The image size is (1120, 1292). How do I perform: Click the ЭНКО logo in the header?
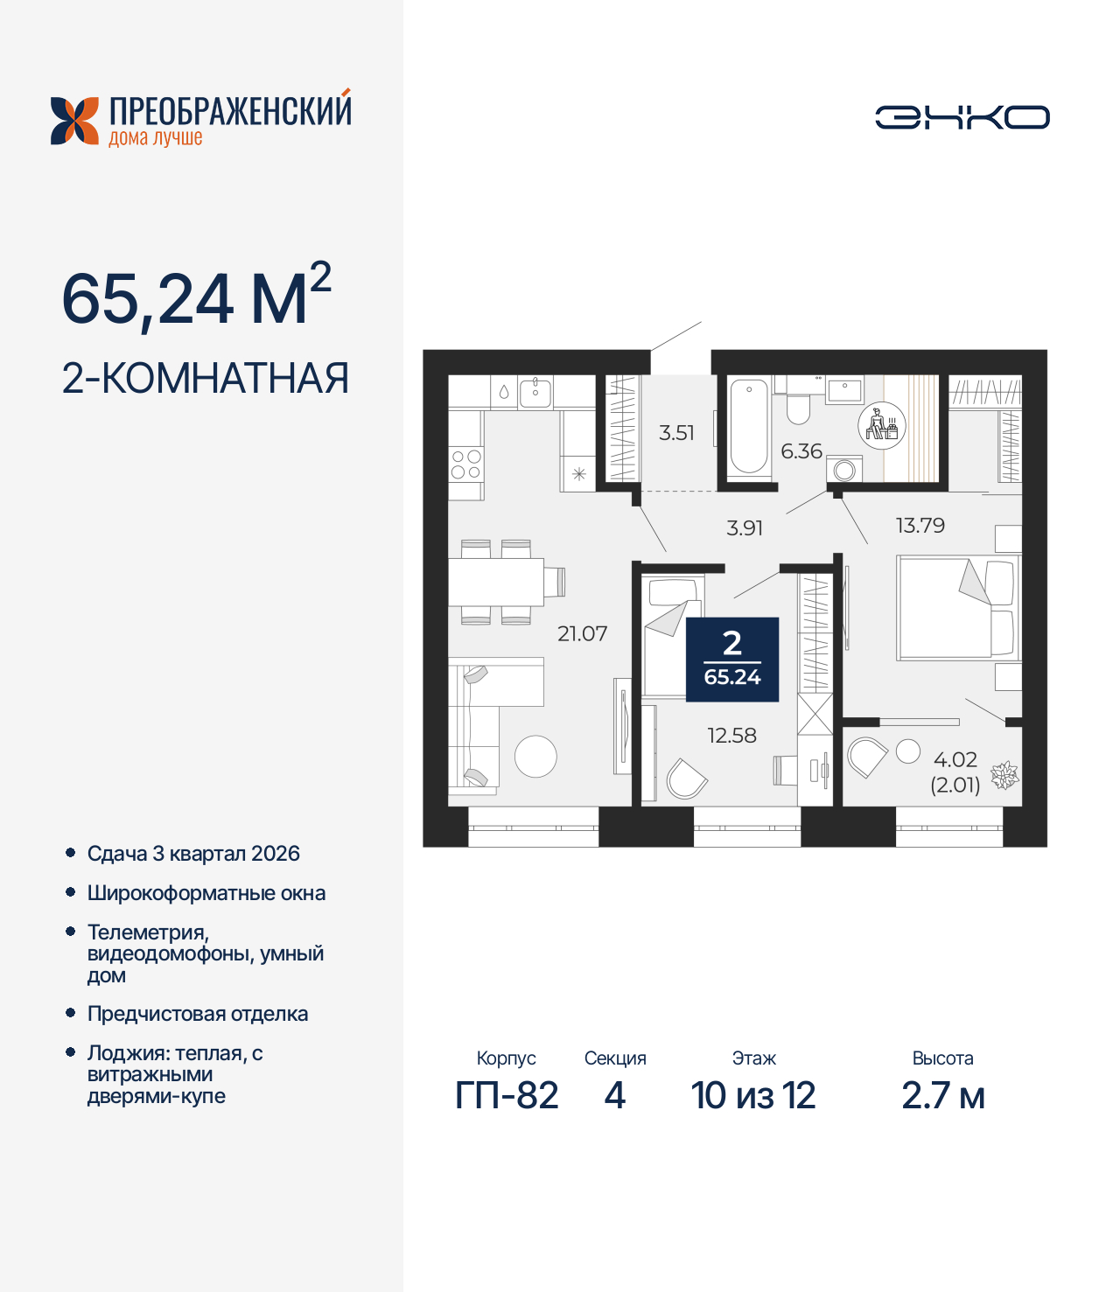coord(962,117)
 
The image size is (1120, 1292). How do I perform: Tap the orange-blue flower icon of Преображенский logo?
coord(74,121)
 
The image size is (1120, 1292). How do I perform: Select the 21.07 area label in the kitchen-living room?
coord(582,633)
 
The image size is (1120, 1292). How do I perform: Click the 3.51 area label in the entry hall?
coord(676,433)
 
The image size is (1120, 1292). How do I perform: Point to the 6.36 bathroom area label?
coord(801,451)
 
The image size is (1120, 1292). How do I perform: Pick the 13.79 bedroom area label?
coord(920,526)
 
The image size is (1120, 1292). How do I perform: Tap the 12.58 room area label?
coord(731,736)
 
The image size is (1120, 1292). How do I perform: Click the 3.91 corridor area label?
coord(745,528)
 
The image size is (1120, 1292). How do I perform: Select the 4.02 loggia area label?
coord(955,760)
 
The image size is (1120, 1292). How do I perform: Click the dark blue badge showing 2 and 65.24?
coord(732,660)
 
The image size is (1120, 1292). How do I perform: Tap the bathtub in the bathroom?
coord(748,426)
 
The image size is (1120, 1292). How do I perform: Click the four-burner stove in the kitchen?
coord(465,464)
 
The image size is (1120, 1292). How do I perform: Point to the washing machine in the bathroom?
coord(844,470)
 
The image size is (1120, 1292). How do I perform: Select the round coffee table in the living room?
coord(535,757)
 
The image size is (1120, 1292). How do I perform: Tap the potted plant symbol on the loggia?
coord(1004,775)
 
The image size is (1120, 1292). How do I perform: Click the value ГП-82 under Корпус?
coord(507,1095)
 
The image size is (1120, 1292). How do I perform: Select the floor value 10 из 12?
coord(752,1095)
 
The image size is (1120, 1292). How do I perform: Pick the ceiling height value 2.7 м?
coord(942,1095)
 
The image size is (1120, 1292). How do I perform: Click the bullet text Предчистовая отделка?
coord(198,1014)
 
